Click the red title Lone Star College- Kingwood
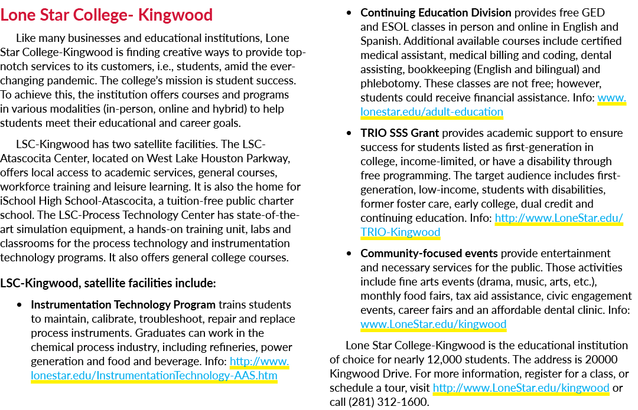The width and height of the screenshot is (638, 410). pos(106,15)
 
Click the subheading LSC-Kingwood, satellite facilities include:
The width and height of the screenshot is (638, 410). pos(108,283)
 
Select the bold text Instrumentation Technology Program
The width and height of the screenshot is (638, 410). pos(123,305)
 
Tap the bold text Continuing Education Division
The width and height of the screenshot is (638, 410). pos(436,13)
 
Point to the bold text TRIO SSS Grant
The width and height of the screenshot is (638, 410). pos(399,133)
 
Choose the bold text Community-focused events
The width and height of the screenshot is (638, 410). pos(429,254)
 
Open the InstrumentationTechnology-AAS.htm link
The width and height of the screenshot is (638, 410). pos(154,375)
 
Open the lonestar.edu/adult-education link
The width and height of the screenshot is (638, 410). pos(432,111)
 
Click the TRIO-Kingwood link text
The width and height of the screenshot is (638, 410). pos(401,232)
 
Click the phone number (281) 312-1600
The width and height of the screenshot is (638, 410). pos(388,402)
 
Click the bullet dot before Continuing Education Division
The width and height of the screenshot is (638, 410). pos(349,13)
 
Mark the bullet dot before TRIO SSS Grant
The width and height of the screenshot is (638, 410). pos(349,133)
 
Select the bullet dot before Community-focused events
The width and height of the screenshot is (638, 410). pos(349,254)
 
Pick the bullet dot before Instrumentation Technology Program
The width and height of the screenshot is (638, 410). pos(19,305)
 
